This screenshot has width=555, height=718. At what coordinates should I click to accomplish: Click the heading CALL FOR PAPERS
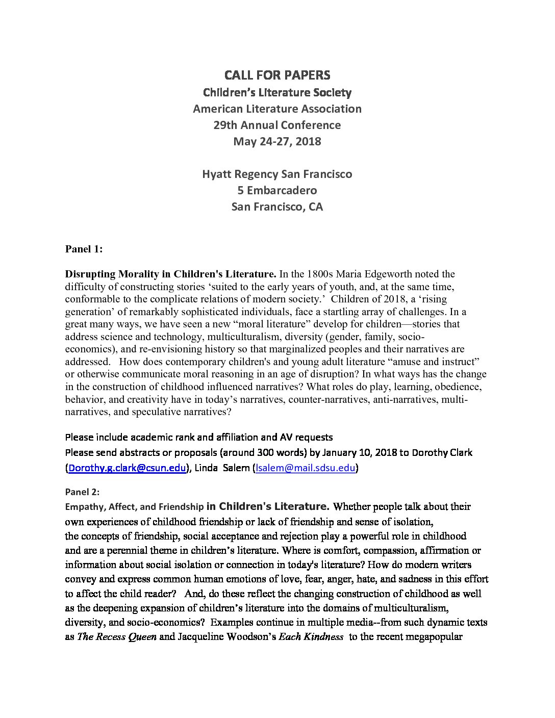tap(277, 75)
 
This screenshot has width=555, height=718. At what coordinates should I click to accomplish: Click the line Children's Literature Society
tap(277, 92)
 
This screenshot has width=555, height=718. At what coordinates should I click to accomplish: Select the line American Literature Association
tap(277, 109)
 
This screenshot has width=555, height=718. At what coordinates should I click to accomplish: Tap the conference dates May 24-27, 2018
tap(277, 141)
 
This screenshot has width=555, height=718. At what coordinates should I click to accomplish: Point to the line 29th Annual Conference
tap(277, 125)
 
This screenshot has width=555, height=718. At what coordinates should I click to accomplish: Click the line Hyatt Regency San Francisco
tap(277, 174)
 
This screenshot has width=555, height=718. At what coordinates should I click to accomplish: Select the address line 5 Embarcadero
tap(277, 190)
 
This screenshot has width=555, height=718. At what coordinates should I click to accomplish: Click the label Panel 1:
tap(84, 249)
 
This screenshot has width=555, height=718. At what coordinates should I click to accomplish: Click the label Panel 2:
tap(82, 492)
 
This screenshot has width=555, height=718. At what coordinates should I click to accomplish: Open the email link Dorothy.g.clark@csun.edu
tap(126, 468)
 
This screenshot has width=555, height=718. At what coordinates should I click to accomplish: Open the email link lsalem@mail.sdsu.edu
tap(305, 468)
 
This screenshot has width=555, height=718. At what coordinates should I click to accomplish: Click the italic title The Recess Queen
tap(117, 637)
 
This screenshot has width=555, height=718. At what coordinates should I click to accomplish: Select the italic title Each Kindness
tap(311, 637)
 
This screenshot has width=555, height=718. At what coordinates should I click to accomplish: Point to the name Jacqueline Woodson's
tap(226, 637)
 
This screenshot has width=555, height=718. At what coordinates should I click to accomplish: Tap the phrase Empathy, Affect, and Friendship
tap(134, 507)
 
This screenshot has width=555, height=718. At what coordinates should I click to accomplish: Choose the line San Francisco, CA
tap(277, 207)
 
